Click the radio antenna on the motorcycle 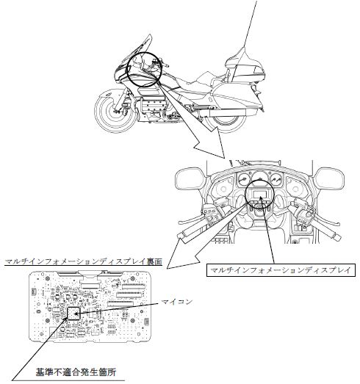coord(250,25)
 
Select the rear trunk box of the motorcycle coord(246,67)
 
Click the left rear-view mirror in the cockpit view coord(190,178)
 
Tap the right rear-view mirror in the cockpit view coord(329,178)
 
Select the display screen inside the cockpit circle coord(260,194)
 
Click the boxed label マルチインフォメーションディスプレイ coord(281,270)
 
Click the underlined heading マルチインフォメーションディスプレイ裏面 coord(83,261)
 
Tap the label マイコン coord(176,302)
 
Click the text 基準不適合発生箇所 coord(76,372)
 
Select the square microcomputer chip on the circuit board coord(73,314)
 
